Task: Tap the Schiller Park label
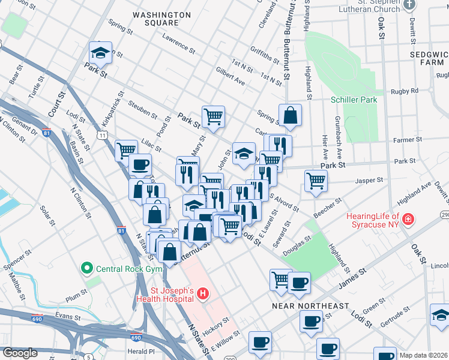coord(354,100)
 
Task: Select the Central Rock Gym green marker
coord(87,268)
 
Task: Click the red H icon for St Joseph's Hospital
coord(203,294)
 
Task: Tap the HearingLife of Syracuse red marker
coord(409,220)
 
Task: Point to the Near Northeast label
coord(310,306)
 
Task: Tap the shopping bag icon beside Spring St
coord(290,116)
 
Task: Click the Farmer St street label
coord(404,140)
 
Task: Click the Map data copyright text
coord(424,355)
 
